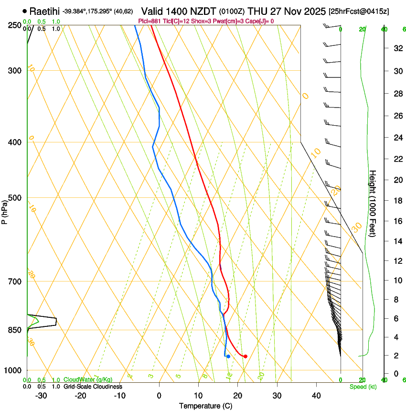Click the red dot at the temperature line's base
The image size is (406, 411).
pos(245,356)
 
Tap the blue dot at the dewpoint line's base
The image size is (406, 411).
pos(228,356)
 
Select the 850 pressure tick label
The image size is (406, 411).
pos(15,330)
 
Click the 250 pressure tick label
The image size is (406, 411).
pos(15,25)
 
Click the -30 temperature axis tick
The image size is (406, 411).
pos(41,396)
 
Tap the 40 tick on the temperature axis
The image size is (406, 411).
pos(316,396)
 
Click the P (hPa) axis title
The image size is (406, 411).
pos(4,211)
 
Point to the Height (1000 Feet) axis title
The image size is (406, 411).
pos(373,203)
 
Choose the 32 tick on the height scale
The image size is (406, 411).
pos(397,48)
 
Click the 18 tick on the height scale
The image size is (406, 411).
pos(397,201)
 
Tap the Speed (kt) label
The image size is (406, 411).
pos(363,387)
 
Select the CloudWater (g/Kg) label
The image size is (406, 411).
pos(88,379)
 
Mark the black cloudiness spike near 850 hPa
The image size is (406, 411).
pos(55,321)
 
